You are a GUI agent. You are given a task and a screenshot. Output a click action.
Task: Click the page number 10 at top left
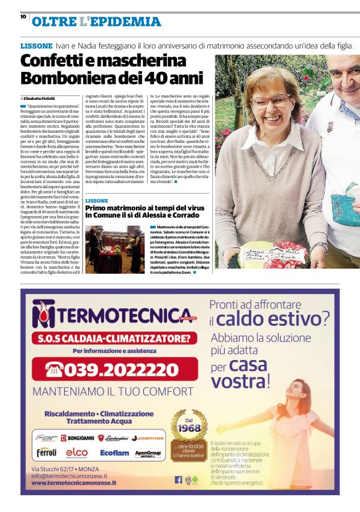coord(23,17)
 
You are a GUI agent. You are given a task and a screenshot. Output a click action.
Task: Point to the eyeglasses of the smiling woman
coord(270,99)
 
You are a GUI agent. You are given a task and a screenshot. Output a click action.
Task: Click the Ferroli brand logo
coord(46,452)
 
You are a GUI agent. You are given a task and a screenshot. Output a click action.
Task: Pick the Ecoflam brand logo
coord(114,453)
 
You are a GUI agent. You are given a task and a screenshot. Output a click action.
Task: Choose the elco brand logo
coord(77,453)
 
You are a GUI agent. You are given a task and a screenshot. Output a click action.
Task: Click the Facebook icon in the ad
coord(178,479)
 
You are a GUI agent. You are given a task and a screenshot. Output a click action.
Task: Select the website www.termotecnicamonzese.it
coord(74,482)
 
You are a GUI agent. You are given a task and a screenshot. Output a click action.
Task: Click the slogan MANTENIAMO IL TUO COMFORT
coord(112,392)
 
